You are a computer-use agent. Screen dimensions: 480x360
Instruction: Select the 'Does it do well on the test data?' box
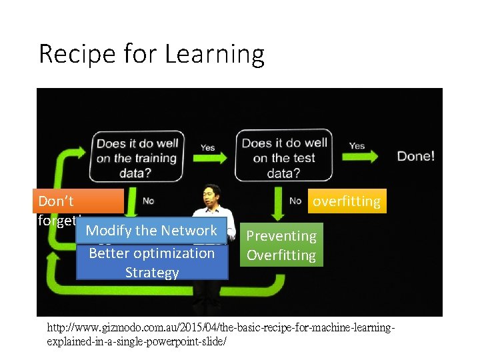click(x=285, y=158)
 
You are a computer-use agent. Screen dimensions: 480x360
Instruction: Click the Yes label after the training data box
click(x=207, y=147)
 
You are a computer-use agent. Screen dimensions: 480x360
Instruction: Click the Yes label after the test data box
click(x=357, y=145)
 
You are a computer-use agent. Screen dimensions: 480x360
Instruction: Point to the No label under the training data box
click(x=149, y=201)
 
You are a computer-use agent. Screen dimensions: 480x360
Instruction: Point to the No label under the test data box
click(x=295, y=201)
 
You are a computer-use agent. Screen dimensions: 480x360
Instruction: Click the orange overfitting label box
click(x=347, y=201)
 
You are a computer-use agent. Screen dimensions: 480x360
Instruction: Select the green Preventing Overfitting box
click(x=281, y=245)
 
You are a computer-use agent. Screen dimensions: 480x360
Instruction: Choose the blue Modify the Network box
click(x=151, y=231)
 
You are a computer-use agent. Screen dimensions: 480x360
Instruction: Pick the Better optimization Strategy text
click(x=151, y=262)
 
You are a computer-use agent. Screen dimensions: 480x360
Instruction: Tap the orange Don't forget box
click(x=79, y=201)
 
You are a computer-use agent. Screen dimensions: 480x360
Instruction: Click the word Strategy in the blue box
click(x=152, y=273)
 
